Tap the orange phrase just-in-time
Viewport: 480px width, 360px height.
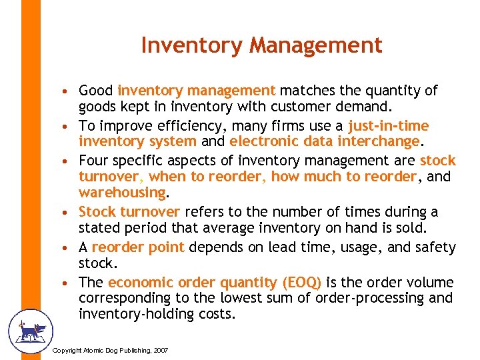pyautogui.click(x=388, y=125)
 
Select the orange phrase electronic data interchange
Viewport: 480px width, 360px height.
pyautogui.click(x=325, y=141)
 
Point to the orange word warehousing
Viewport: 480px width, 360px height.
pyautogui.click(x=121, y=193)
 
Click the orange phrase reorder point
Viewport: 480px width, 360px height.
pyautogui.click(x=138, y=247)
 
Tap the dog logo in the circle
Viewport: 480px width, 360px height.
pyautogui.click(x=30, y=331)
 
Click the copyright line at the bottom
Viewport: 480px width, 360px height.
pyautogui.click(x=109, y=351)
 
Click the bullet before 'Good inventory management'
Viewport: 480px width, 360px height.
pyautogui.click(x=69, y=91)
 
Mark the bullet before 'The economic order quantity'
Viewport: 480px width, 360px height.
pyautogui.click(x=69, y=283)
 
